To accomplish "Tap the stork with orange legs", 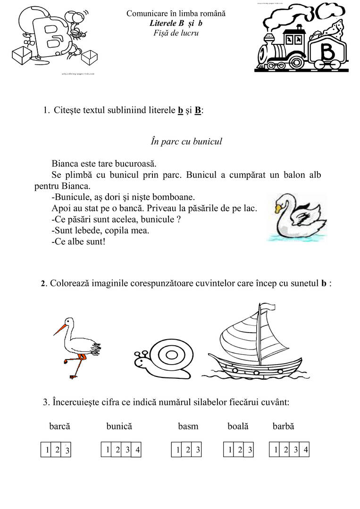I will tap(78, 344).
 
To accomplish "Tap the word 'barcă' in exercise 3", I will tap(59, 426).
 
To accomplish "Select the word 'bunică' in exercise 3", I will tap(119, 426).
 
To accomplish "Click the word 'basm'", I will tap(188, 426).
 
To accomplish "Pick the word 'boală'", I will tap(238, 426).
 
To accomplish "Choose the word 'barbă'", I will tap(283, 426).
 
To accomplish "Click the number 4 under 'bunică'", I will tap(137, 450).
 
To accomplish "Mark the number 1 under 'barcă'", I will tap(47, 450).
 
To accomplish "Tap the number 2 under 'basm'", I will tap(188, 450).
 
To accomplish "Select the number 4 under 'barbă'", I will tap(306, 450).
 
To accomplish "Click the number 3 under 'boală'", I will tap(250, 450).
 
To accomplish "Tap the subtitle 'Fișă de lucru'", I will tap(176, 33).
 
